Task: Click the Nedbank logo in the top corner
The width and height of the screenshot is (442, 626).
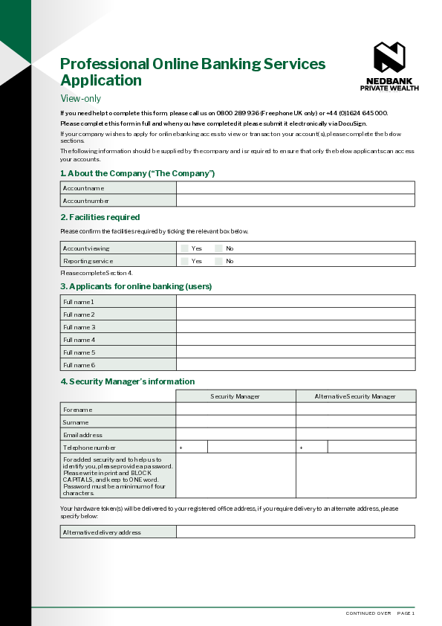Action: click(x=389, y=57)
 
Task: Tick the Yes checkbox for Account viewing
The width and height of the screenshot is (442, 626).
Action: click(x=184, y=248)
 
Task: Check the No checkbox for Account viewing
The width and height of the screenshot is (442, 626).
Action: click(x=218, y=248)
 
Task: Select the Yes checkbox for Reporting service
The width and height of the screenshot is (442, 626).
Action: click(x=184, y=261)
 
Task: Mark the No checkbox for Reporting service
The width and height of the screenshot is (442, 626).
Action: click(x=218, y=261)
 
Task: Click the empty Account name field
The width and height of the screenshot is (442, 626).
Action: click(x=295, y=188)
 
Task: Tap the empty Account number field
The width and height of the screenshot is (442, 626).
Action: click(x=295, y=201)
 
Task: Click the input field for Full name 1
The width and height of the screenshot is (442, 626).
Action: click(x=295, y=302)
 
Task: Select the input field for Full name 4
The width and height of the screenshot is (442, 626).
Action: click(x=295, y=340)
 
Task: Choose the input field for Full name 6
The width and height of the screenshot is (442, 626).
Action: click(x=295, y=365)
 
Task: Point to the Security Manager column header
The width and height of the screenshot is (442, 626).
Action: click(x=235, y=396)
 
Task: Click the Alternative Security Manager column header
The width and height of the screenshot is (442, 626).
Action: click(x=355, y=396)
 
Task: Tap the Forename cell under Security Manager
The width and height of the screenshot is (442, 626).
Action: click(x=235, y=410)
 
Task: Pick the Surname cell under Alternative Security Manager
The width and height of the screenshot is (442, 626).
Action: click(x=355, y=422)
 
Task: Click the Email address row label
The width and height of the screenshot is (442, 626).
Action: click(x=83, y=435)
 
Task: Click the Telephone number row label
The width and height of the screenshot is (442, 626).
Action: click(x=89, y=448)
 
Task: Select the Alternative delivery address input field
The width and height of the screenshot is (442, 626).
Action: click(x=295, y=532)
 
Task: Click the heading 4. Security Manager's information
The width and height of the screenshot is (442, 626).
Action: click(x=127, y=381)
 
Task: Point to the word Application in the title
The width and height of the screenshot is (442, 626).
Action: click(x=100, y=80)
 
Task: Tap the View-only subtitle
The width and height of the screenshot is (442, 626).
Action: click(x=80, y=98)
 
